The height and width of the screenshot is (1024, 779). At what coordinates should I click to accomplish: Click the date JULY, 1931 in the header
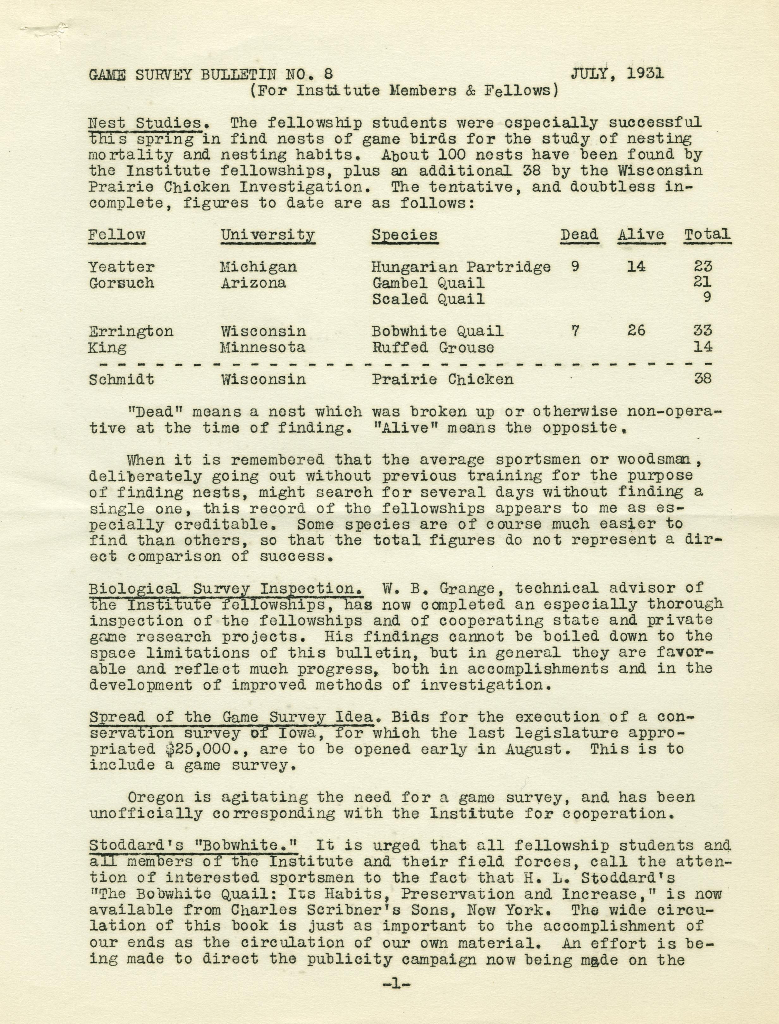click(x=617, y=73)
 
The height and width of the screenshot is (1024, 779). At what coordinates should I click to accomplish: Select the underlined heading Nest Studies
click(x=145, y=123)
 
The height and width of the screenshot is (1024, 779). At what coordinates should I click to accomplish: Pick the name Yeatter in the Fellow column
click(x=121, y=267)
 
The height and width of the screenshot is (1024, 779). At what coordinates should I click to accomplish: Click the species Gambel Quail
click(x=428, y=283)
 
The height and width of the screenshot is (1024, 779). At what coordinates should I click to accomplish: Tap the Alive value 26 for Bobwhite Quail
click(x=636, y=331)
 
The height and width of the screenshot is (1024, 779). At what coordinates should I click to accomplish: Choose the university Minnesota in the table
click(x=262, y=347)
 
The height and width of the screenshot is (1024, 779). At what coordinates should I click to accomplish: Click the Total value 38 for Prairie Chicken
click(x=702, y=379)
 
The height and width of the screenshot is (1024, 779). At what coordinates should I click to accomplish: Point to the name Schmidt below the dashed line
click(x=121, y=379)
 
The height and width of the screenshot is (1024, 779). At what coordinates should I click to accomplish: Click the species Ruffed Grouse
click(x=432, y=347)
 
